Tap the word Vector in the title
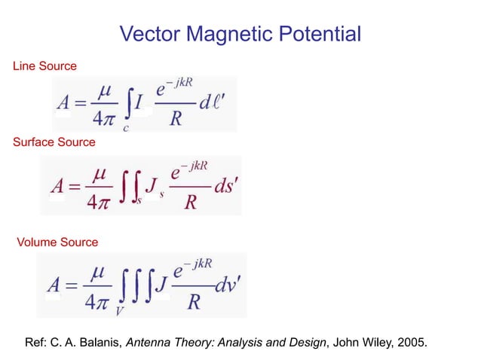151,35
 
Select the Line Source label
44,67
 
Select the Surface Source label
54,142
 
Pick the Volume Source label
57,242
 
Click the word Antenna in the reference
148,343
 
